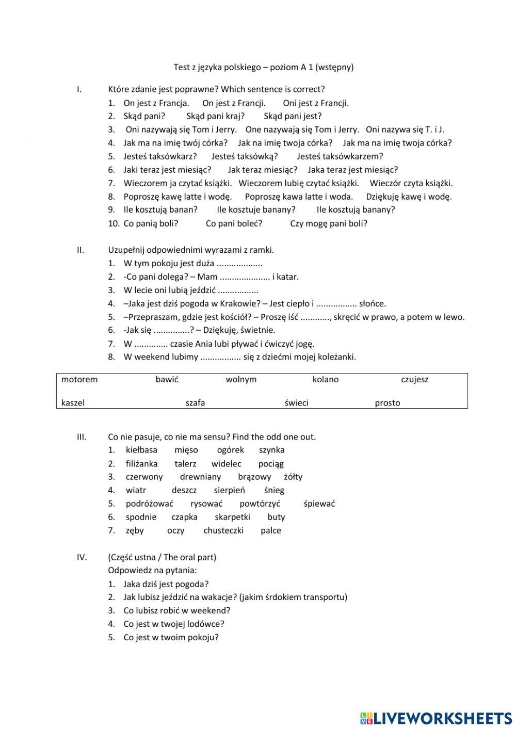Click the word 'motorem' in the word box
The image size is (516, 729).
click(79, 380)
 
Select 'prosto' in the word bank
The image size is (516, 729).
click(387, 403)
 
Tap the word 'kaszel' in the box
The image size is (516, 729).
click(73, 403)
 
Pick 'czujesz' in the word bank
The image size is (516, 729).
click(414, 380)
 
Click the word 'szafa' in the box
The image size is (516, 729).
click(195, 403)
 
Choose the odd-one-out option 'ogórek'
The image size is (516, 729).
click(230, 450)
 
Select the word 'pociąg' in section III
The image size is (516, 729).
click(271, 464)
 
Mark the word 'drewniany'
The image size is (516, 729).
click(200, 477)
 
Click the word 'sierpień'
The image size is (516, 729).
click(229, 490)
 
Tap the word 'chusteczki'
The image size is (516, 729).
click(223, 530)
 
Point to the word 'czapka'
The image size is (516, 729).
click(184, 517)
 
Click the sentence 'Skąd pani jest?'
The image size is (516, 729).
click(293, 116)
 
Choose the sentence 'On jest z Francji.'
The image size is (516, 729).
click(234, 103)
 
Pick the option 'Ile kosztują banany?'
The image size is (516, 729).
click(356, 209)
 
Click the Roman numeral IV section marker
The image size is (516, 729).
click(82, 557)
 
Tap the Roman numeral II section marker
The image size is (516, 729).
click(80, 250)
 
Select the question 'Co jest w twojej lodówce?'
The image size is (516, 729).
click(173, 624)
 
